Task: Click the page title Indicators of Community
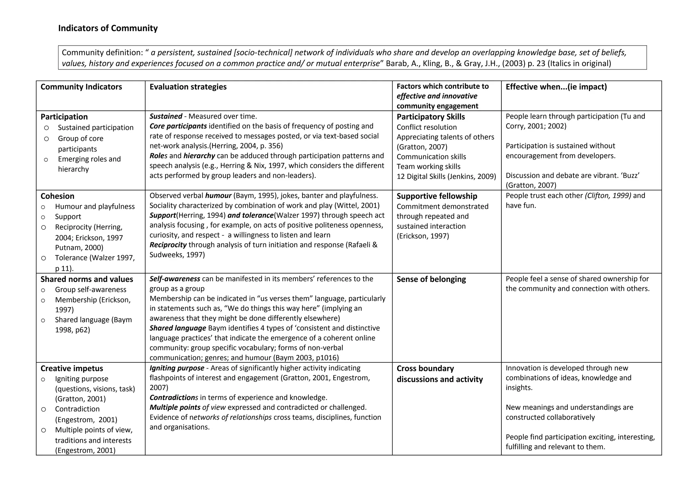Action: (x=108, y=28)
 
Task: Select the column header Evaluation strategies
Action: (x=188, y=87)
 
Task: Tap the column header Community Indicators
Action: (x=81, y=87)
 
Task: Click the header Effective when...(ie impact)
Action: (x=556, y=87)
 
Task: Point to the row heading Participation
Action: (x=64, y=117)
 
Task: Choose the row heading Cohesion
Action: (x=57, y=196)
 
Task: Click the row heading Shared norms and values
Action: (x=87, y=279)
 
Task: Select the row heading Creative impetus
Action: (x=72, y=368)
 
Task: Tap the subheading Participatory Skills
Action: (x=431, y=117)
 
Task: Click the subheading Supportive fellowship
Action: (x=437, y=196)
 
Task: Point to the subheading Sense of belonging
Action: (x=431, y=279)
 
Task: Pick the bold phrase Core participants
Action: (x=178, y=126)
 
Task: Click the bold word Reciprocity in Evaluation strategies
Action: (x=168, y=245)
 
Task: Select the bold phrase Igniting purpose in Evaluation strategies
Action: (x=177, y=368)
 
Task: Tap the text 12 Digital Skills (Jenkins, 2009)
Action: (x=446, y=177)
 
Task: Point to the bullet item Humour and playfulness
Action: (x=95, y=206)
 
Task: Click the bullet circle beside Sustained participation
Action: (x=46, y=128)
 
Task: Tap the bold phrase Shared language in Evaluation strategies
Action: (x=178, y=328)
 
